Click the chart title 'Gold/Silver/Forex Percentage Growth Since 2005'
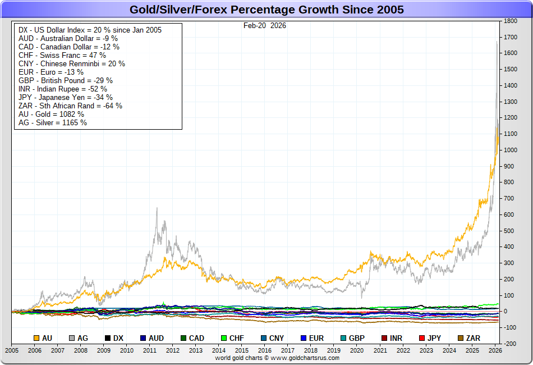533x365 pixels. coord(266,10)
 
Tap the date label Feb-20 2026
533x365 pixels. coord(264,25)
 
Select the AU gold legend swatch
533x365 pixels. coord(37,338)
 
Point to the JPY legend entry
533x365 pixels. coord(429,338)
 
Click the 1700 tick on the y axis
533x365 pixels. coord(510,37)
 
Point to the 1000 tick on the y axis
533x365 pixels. coord(510,150)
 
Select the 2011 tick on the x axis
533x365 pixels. coord(150,350)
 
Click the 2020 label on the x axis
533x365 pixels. coord(357,350)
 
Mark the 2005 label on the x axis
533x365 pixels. coord(12,350)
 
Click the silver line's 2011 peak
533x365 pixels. coord(157,208)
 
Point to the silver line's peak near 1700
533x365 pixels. coord(497,42)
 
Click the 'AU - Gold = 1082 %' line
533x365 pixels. coord(51,114)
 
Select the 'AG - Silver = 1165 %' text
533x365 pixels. coord(53,122)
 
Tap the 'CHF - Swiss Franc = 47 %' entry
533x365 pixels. coord(62,55)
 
